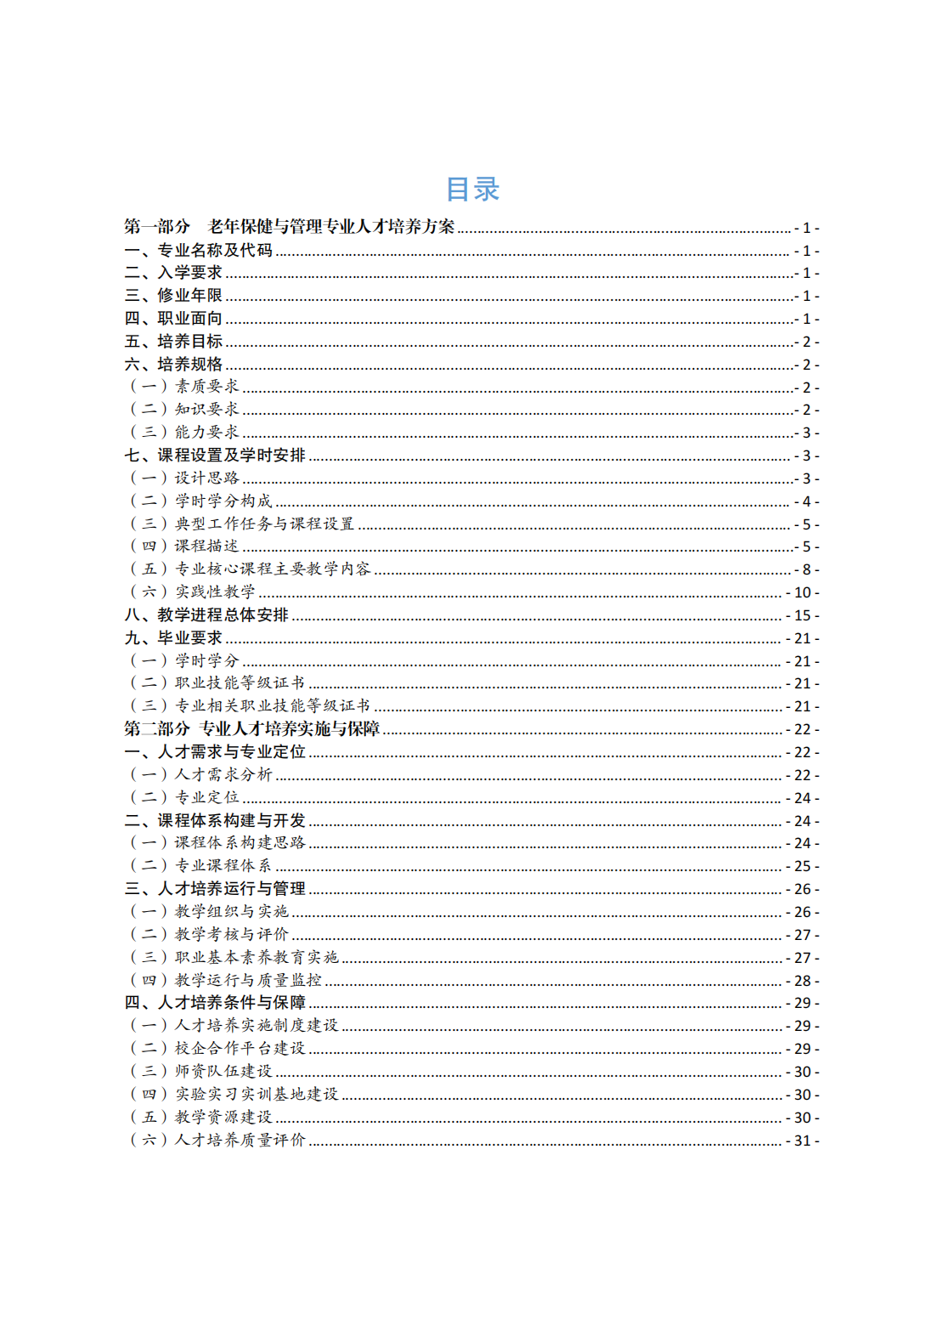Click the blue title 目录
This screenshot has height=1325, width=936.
[472, 189]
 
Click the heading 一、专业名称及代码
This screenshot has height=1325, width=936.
[199, 250]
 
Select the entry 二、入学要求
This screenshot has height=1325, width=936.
[173, 273]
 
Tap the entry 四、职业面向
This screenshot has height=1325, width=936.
[173, 319]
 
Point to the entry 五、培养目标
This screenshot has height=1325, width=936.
[173, 342]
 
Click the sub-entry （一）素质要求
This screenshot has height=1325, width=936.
[183, 387]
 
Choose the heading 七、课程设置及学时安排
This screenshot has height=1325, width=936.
[215, 456]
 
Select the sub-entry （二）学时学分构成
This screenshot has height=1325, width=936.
[200, 501]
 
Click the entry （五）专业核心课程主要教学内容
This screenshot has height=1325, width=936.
[250, 569]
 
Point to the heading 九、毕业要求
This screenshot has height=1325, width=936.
[173, 638]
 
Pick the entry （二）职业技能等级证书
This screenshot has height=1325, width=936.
[217, 683]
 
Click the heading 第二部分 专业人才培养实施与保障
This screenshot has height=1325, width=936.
[251, 729]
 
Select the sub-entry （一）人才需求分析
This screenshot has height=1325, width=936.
[200, 775]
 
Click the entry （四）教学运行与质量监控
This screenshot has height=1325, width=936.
[225, 981]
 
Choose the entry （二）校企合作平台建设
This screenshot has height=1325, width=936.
[217, 1049]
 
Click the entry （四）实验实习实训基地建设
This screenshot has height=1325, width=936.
[234, 1095]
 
